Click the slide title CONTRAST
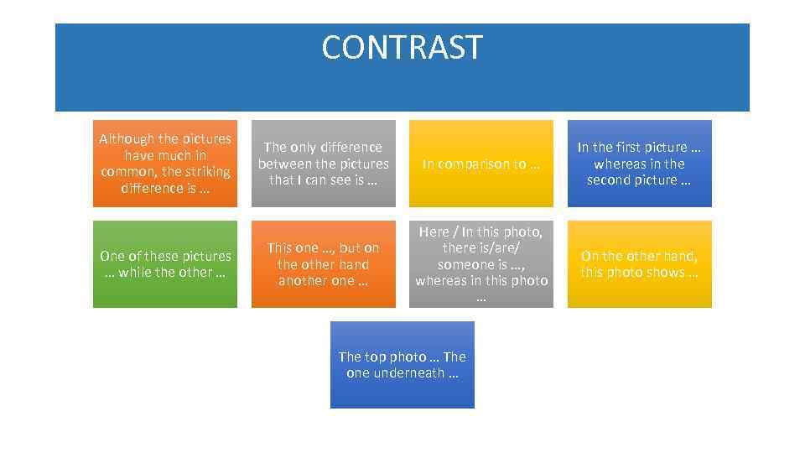pyautogui.click(x=402, y=48)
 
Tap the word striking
pyautogui.click(x=207, y=172)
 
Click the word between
pyautogui.click(x=283, y=164)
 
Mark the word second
pyautogui.click(x=609, y=180)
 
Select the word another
pyautogui.click(x=304, y=281)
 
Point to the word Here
pyautogui.click(x=434, y=232)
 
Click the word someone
pyautogui.click(x=465, y=264)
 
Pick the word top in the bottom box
pyautogui.click(x=374, y=357)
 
